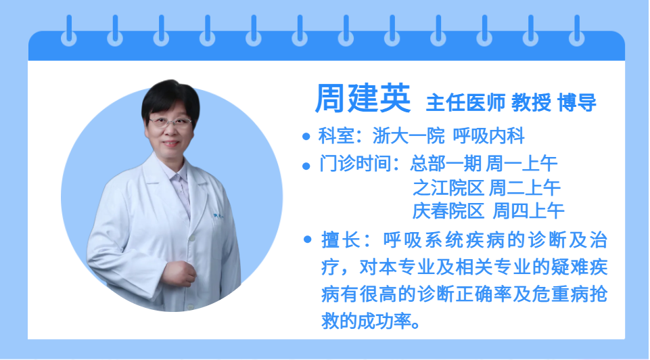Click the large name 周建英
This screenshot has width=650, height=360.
pyautogui.click(x=363, y=98)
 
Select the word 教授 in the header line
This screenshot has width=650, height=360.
pyautogui.click(x=532, y=102)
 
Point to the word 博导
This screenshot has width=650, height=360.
pyautogui.click(x=577, y=102)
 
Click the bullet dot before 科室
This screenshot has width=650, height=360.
pyautogui.click(x=306, y=136)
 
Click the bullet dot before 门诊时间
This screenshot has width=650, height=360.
pyautogui.click(x=306, y=166)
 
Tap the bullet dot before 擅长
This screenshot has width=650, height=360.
pyautogui.click(x=307, y=239)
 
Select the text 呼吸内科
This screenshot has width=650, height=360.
pyautogui.click(x=489, y=136)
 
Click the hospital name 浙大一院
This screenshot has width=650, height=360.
pyautogui.click(x=409, y=136)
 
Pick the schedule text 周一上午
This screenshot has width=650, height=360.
pyautogui.click(x=521, y=164)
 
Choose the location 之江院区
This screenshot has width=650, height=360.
pyautogui.click(x=448, y=188)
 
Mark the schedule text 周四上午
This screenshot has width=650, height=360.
pyautogui.click(x=528, y=211)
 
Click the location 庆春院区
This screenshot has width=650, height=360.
pyautogui.click(x=448, y=211)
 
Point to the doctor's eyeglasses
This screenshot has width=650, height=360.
pyautogui.click(x=170, y=122)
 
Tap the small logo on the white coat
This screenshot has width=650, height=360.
pyautogui.click(x=218, y=216)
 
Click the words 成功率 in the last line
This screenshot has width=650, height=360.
pyautogui.click(x=384, y=321)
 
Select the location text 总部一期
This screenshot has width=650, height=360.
pyautogui.click(x=446, y=164)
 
